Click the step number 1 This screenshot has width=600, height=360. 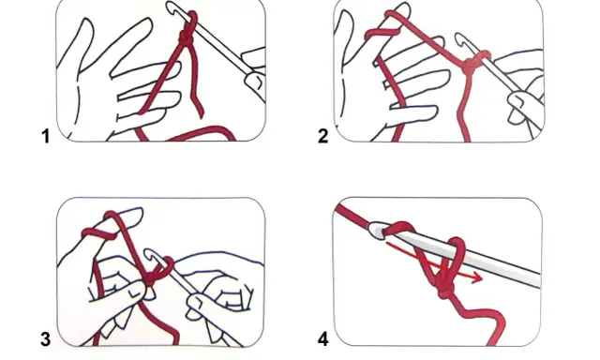(46, 137)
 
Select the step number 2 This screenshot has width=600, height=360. (322, 137)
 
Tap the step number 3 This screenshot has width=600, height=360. (46, 339)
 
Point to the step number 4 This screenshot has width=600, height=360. (322, 339)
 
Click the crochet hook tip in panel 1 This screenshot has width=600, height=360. (171, 7)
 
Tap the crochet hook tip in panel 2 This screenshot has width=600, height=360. (459, 38)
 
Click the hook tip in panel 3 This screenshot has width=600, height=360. (149, 254)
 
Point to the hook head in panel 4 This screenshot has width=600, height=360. (377, 231)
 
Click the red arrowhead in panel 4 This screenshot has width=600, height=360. (477, 277)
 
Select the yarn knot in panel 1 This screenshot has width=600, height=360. (187, 38)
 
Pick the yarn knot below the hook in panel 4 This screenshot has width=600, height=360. (444, 292)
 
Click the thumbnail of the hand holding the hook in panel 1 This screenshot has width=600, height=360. (255, 82)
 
